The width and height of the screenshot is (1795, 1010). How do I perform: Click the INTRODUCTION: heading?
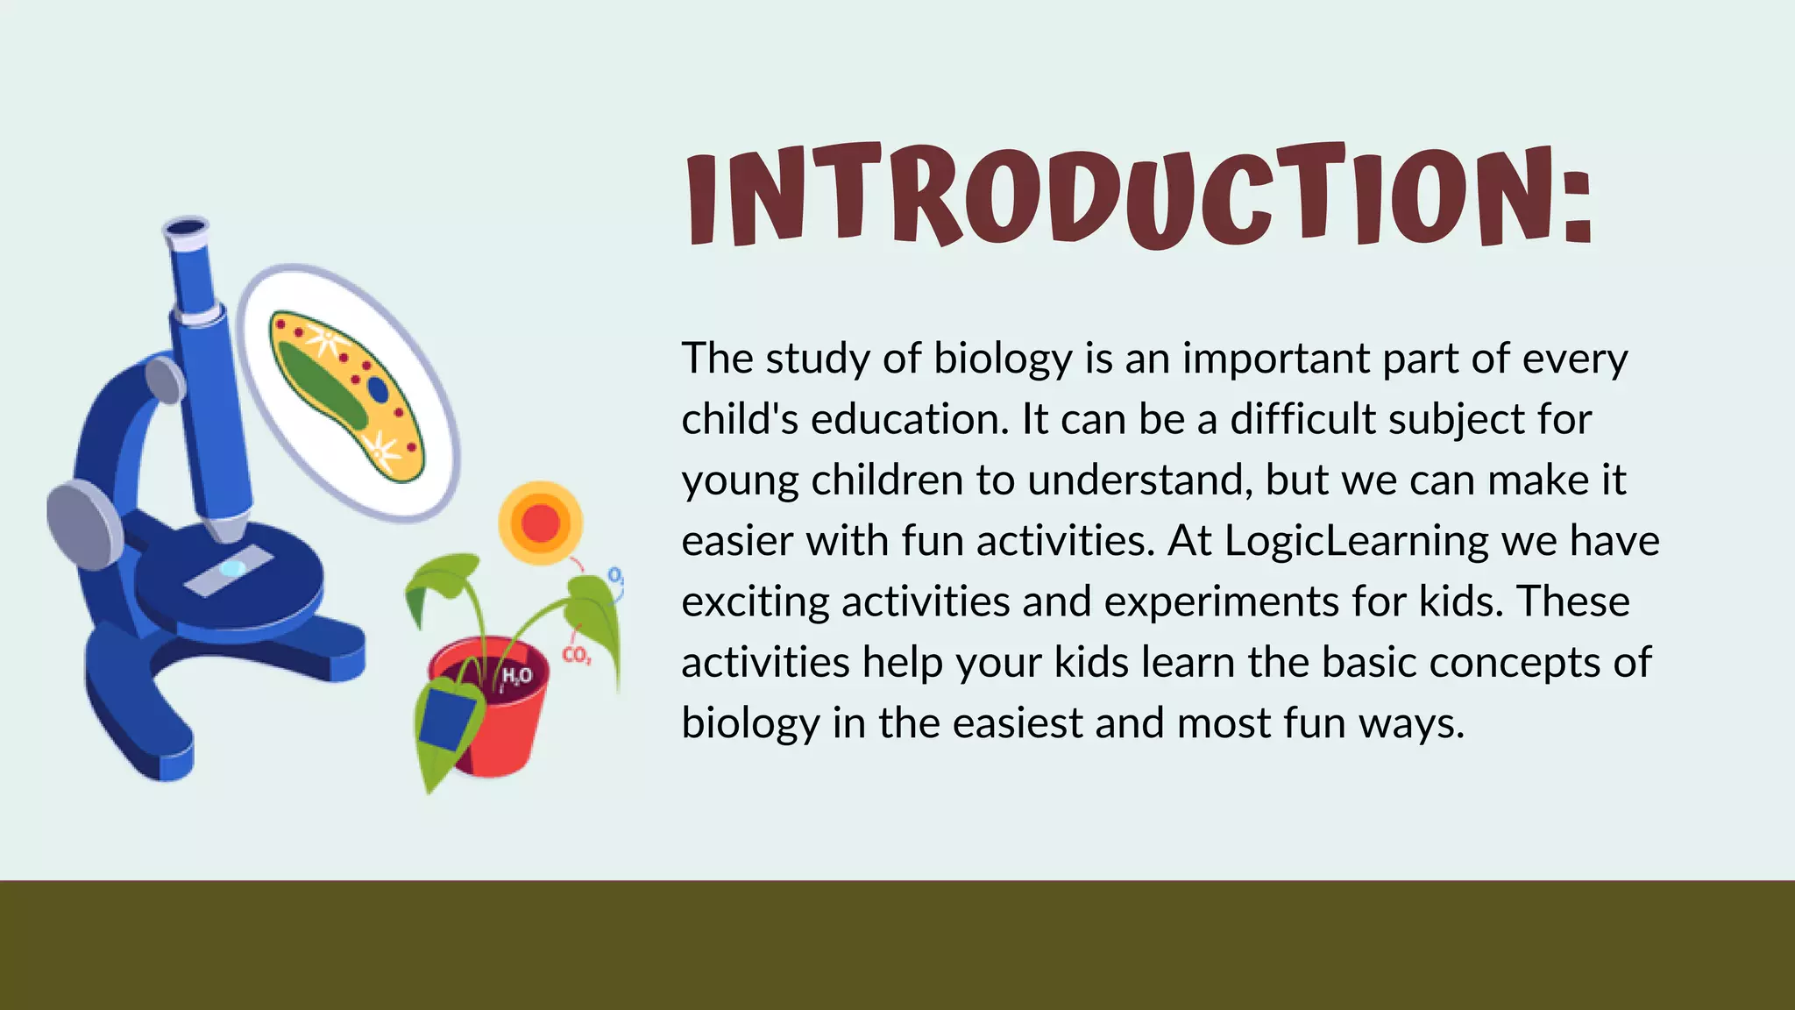[1139, 195]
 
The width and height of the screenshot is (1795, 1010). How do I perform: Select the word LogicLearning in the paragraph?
[1356, 541]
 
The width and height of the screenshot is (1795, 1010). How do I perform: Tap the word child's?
[740, 419]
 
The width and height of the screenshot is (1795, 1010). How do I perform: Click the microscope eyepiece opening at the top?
[186, 230]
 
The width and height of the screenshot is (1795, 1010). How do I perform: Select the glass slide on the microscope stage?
[230, 570]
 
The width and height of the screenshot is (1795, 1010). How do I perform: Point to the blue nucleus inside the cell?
[378, 388]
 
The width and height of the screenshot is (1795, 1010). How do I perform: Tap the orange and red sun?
[541, 523]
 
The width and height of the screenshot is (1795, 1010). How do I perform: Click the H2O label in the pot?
[516, 676]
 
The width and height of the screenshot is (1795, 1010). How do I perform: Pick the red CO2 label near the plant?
[576, 655]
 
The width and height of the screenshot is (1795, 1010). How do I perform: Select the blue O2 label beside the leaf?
[616, 576]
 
